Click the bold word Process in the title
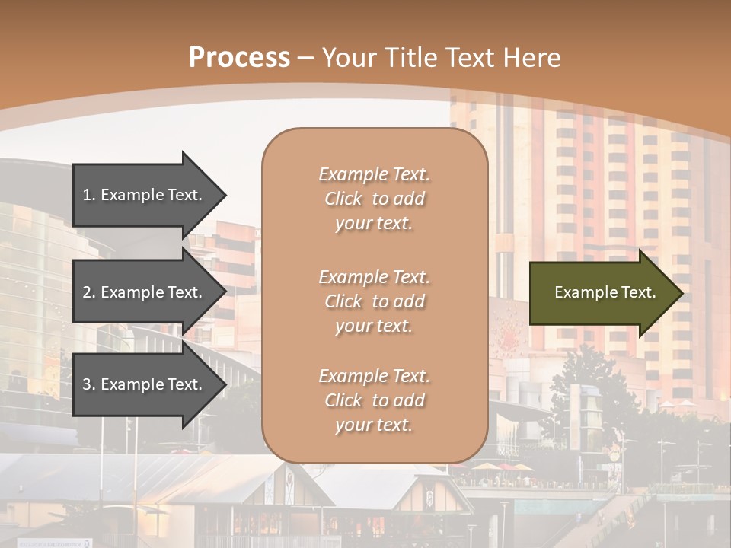click(x=239, y=58)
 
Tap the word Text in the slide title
click(x=471, y=58)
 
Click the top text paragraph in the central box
click(x=374, y=199)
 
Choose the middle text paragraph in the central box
click(x=374, y=301)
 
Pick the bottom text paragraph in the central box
click(x=374, y=400)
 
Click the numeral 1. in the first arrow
click(x=89, y=195)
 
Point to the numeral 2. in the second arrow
click(x=89, y=292)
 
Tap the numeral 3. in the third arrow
click(x=89, y=385)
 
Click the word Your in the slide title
click(x=347, y=58)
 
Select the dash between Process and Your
click(x=306, y=58)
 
